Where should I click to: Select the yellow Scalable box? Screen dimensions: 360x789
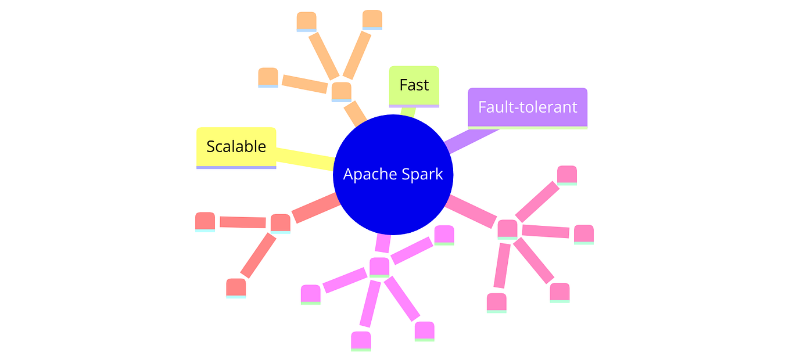(236, 146)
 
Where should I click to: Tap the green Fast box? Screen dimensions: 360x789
(414, 85)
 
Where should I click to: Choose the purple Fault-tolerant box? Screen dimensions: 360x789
(528, 107)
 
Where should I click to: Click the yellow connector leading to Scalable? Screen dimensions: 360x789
(305, 158)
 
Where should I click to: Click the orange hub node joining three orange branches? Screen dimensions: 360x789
(341, 91)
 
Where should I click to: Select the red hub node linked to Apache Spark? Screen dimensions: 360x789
(280, 222)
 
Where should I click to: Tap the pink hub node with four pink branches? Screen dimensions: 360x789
(507, 228)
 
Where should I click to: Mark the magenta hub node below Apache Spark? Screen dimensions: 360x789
(379, 266)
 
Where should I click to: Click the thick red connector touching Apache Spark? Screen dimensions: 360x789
(315, 208)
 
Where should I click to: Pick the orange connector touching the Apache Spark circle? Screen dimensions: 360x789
(354, 114)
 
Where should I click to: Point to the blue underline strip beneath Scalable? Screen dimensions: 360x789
(236, 167)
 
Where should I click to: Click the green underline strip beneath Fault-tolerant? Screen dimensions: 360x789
(528, 127)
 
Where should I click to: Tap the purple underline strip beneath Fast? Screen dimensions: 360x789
(414, 106)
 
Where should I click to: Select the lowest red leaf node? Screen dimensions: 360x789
(236, 287)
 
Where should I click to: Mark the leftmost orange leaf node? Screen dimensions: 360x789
(268, 77)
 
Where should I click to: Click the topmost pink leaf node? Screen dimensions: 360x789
(566, 174)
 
